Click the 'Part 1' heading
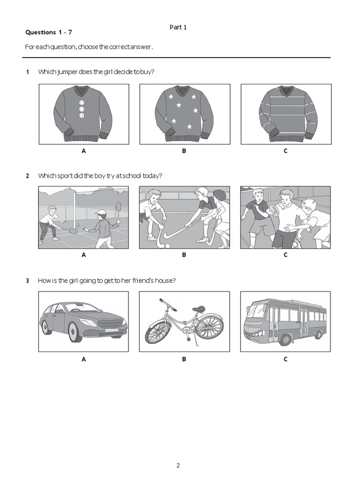click(x=178, y=27)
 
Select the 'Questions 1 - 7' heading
click(x=49, y=32)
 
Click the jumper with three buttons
click(x=83, y=114)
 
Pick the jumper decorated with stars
click(x=184, y=114)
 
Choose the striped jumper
click(x=285, y=114)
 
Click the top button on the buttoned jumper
click(x=82, y=103)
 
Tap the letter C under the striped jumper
click(x=285, y=151)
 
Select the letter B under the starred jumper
click(x=184, y=151)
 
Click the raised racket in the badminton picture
click(x=119, y=207)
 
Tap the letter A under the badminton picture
click(x=84, y=255)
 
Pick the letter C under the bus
click(x=285, y=359)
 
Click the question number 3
click(x=28, y=280)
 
